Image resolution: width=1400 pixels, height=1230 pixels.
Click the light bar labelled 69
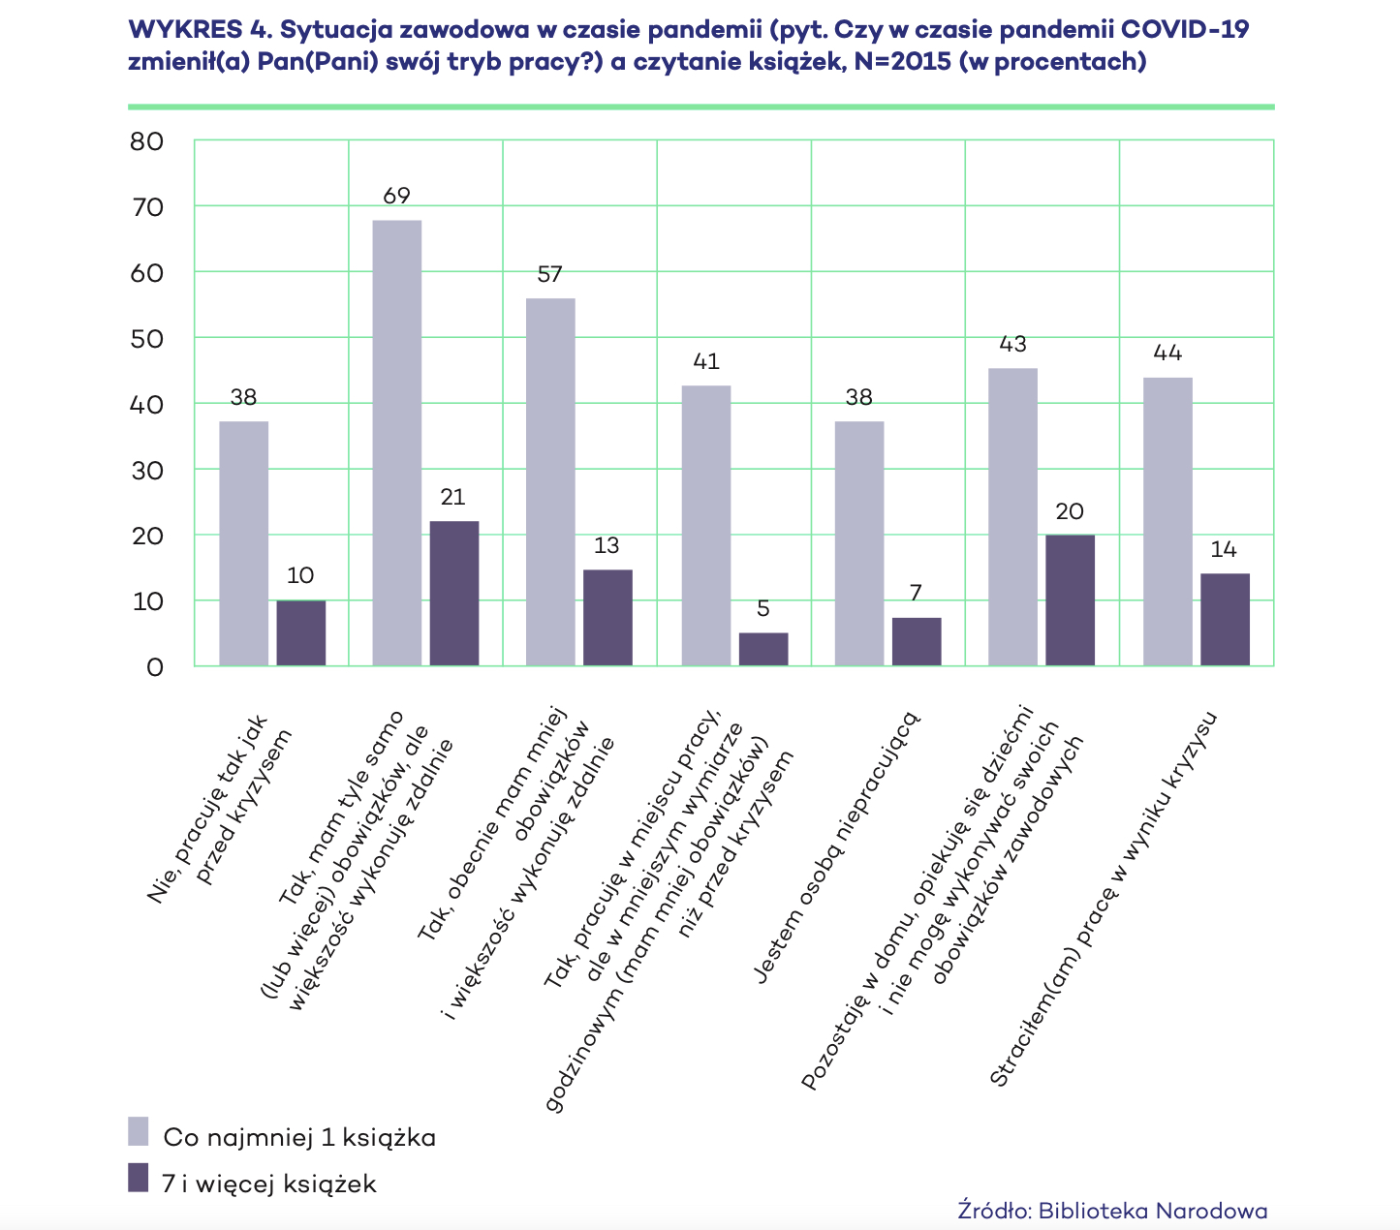pos(397,443)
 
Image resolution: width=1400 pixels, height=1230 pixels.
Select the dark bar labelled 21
pos(454,593)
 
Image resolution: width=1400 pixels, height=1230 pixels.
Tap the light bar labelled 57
pos(550,481)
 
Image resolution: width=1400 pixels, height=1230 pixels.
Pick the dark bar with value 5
pos(763,649)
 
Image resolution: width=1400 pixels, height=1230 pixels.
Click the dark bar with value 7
pos(917,641)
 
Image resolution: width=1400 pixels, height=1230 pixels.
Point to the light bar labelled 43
pos(1012,516)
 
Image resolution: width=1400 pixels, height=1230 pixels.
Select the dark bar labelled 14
pos(1225,619)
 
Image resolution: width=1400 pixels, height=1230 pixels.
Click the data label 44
pos(1167,353)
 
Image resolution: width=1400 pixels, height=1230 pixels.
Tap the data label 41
pos(706,361)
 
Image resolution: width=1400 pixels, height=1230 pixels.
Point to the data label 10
pos(300,575)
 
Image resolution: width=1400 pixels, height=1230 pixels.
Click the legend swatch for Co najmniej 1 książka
pos(139,1132)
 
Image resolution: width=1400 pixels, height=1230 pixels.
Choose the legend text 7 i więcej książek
pos(269,1184)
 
